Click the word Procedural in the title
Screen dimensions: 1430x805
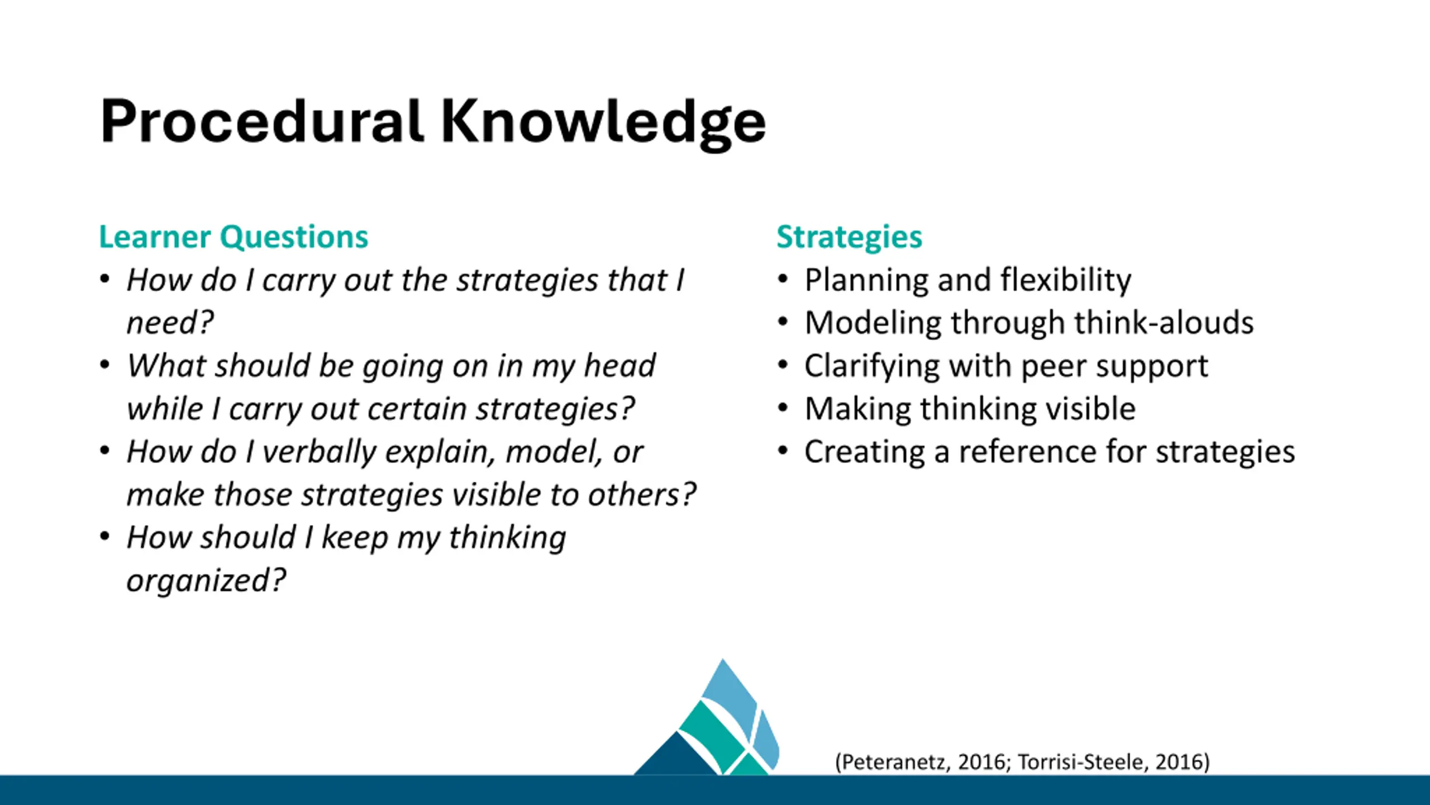[261, 121]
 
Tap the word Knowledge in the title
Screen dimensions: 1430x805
[603, 123]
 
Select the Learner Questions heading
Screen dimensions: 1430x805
[233, 237]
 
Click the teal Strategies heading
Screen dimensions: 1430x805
[849, 237]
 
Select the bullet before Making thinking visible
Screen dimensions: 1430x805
[783, 408]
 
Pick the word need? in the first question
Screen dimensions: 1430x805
[170, 323]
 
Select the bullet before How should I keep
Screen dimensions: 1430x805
[104, 537]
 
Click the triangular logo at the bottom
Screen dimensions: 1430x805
[707, 718]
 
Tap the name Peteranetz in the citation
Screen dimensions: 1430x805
[894, 763]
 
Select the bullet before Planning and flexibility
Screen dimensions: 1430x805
[783, 279]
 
